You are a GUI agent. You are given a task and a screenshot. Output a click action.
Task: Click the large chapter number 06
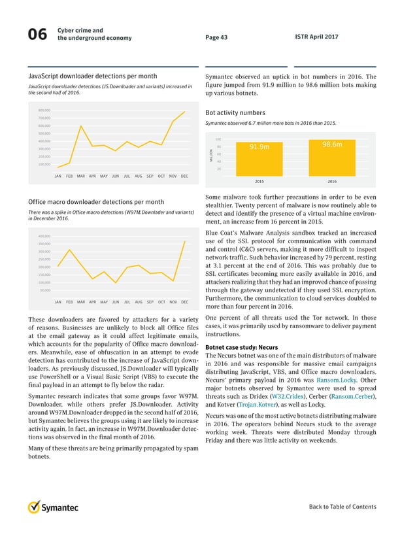click(37, 37)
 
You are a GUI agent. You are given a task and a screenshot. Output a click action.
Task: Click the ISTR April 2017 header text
click(317, 37)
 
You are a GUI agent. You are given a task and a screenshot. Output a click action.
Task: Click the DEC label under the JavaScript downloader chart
click(184, 177)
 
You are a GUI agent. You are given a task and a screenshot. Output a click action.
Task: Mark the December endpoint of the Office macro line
click(186, 241)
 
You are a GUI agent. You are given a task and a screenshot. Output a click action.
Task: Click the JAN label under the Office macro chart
click(58, 302)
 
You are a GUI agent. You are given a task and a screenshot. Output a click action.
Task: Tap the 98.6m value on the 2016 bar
click(333, 144)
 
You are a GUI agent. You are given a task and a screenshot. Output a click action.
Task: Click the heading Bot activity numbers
click(235, 112)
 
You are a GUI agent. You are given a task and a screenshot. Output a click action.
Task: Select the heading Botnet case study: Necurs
click(241, 347)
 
